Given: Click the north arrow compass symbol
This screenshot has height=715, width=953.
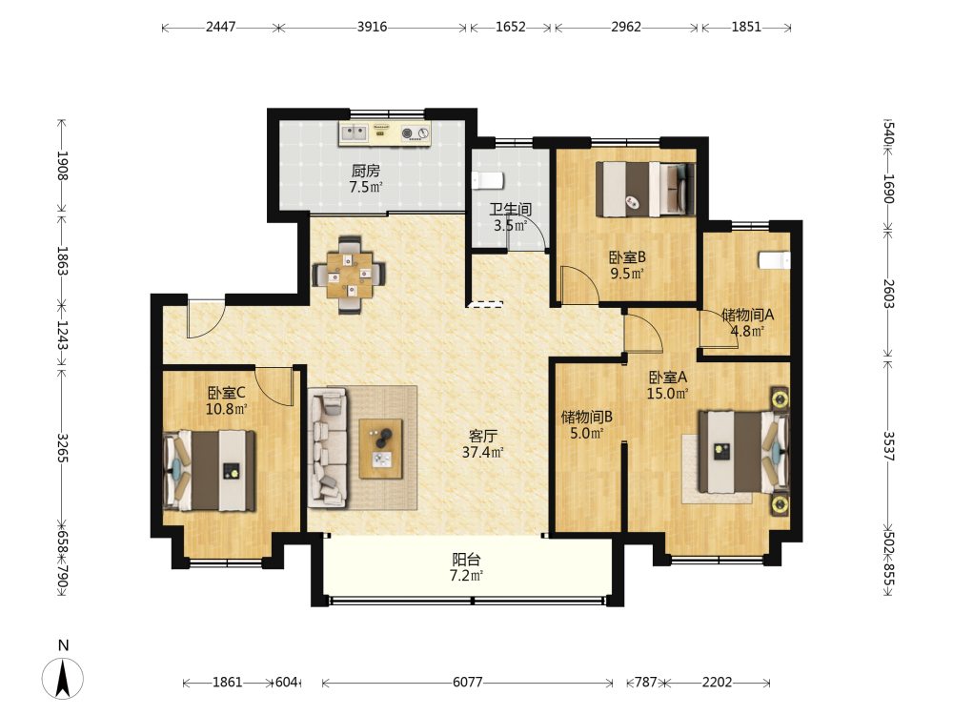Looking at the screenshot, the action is click(x=63, y=677).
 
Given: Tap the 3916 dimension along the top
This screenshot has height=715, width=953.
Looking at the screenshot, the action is click(x=372, y=27).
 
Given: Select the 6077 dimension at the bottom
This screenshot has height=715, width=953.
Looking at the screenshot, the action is click(x=467, y=683).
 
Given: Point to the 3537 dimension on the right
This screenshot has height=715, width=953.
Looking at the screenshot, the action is click(x=888, y=446).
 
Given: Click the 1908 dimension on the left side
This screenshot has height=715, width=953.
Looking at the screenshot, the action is click(x=62, y=165).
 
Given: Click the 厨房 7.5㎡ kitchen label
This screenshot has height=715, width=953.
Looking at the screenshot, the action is click(x=366, y=179).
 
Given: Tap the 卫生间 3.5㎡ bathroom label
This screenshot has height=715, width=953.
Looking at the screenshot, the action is click(x=511, y=217).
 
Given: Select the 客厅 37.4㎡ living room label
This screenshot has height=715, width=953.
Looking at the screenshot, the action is click(x=483, y=444).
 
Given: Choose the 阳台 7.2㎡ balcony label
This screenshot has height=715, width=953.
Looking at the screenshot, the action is click(x=467, y=567).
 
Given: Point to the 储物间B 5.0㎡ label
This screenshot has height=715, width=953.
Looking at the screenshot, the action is click(x=586, y=424).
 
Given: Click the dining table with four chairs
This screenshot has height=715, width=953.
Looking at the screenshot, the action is click(x=350, y=275).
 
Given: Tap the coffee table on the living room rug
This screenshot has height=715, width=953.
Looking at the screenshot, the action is click(x=380, y=449).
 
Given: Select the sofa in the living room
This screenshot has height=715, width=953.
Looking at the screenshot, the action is click(x=328, y=448).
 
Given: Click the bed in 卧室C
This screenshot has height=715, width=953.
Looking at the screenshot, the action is click(x=209, y=471).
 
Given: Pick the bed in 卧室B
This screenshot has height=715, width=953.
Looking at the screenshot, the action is click(x=645, y=189).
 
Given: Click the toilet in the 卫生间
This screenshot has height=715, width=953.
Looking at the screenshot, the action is click(x=488, y=180).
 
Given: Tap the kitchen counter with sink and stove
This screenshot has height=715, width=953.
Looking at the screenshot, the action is click(x=385, y=133).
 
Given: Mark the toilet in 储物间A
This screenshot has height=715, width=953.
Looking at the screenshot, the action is click(x=774, y=259).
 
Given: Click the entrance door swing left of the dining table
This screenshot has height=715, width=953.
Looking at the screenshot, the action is click(x=206, y=319).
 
